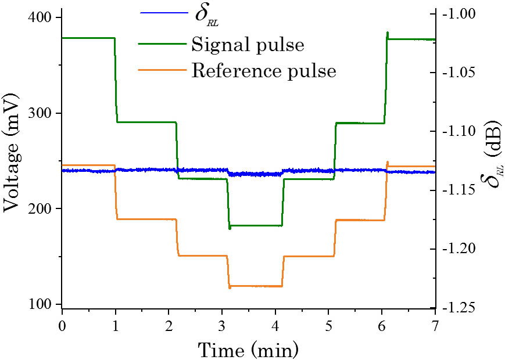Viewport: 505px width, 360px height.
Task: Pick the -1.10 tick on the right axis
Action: coord(459,131)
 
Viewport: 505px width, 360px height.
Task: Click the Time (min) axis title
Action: coord(249,349)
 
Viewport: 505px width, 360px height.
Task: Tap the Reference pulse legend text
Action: coord(264,71)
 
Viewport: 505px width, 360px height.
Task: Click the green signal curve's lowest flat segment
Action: coord(256,225)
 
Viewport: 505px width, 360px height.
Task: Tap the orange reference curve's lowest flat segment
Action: coord(256,286)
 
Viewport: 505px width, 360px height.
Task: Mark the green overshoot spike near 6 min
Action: coord(388,33)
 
